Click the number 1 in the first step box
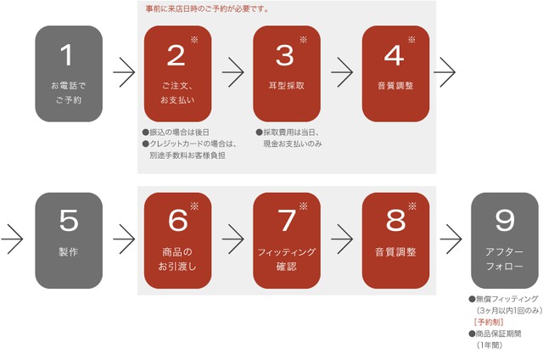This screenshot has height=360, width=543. pyautogui.click(x=67, y=55)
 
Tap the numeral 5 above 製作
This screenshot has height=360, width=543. pyautogui.click(x=69, y=220)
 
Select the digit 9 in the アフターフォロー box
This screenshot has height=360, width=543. pyautogui.click(x=505, y=220)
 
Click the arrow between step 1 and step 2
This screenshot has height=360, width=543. pyautogui.click(x=124, y=72)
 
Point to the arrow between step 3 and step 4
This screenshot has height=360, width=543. pyautogui.click(x=342, y=72)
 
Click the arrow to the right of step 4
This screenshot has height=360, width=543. pyautogui.click(x=445, y=72)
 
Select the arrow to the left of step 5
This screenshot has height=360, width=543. pyautogui.click(x=12, y=239)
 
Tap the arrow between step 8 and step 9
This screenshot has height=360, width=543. pyautogui.click(x=451, y=239)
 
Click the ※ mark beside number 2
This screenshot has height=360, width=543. pyautogui.click(x=194, y=40)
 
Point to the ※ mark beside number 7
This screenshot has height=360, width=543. pyautogui.click(x=304, y=206)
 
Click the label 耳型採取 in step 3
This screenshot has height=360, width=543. pyautogui.click(x=287, y=86)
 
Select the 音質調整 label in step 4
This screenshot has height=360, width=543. pyautogui.click(x=395, y=86)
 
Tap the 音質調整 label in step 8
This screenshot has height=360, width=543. pyautogui.click(x=395, y=252)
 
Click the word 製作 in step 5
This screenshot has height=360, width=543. pyautogui.click(x=69, y=252)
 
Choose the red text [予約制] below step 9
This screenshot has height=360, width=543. pyautogui.click(x=489, y=323)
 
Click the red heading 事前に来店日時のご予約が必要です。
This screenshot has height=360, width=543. pyautogui.click(x=207, y=9)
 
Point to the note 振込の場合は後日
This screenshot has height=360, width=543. pyautogui.click(x=176, y=132)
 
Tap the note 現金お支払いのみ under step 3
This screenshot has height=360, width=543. pyautogui.click(x=293, y=143)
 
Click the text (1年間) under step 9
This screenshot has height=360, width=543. pyautogui.click(x=490, y=345)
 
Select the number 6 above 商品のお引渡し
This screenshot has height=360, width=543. pyautogui.click(x=177, y=220)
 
